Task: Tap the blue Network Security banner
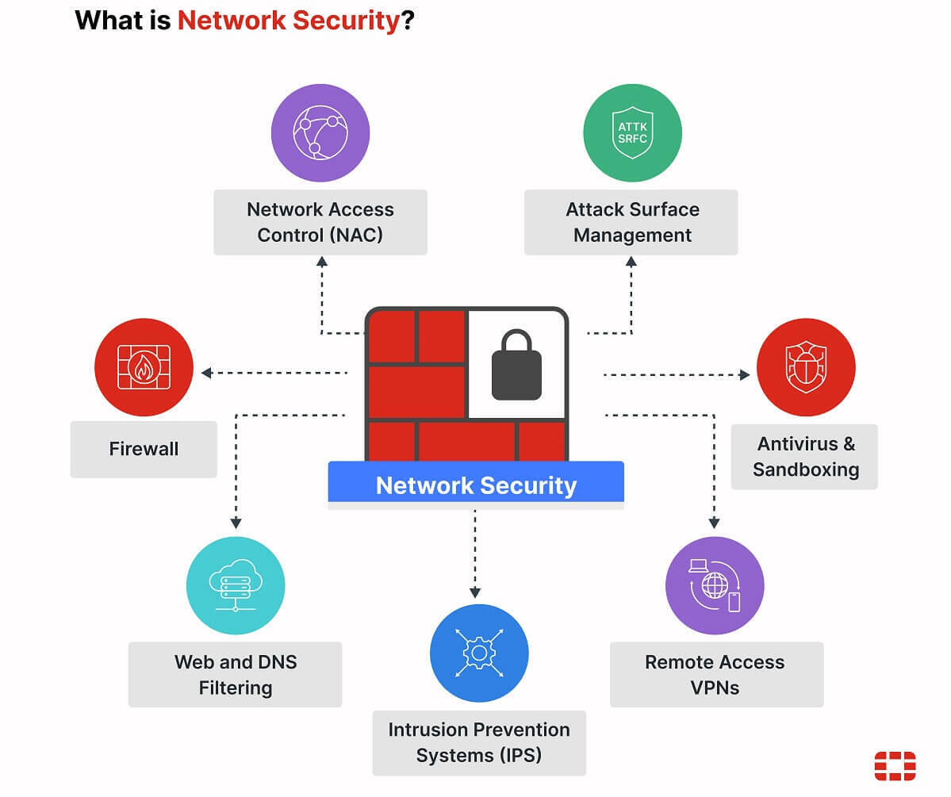coord(476,485)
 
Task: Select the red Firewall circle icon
coord(144,367)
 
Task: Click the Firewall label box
coord(144,449)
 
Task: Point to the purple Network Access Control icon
coord(320,132)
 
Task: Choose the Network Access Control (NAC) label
coord(320,222)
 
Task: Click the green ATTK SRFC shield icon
coord(632,132)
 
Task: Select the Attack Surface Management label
coord(631,222)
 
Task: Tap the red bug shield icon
coord(805,367)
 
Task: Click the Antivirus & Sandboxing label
coord(804,456)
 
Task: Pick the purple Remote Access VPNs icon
coord(714,586)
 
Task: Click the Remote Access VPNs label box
coord(716,674)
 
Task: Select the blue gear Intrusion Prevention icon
coord(479,653)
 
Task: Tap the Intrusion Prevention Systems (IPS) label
coord(479,742)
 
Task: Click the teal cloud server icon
coord(236,586)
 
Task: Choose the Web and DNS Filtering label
coord(236,674)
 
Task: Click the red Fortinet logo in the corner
coord(895,766)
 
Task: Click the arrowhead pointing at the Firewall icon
coord(206,373)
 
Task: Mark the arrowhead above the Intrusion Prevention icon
coord(475,592)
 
